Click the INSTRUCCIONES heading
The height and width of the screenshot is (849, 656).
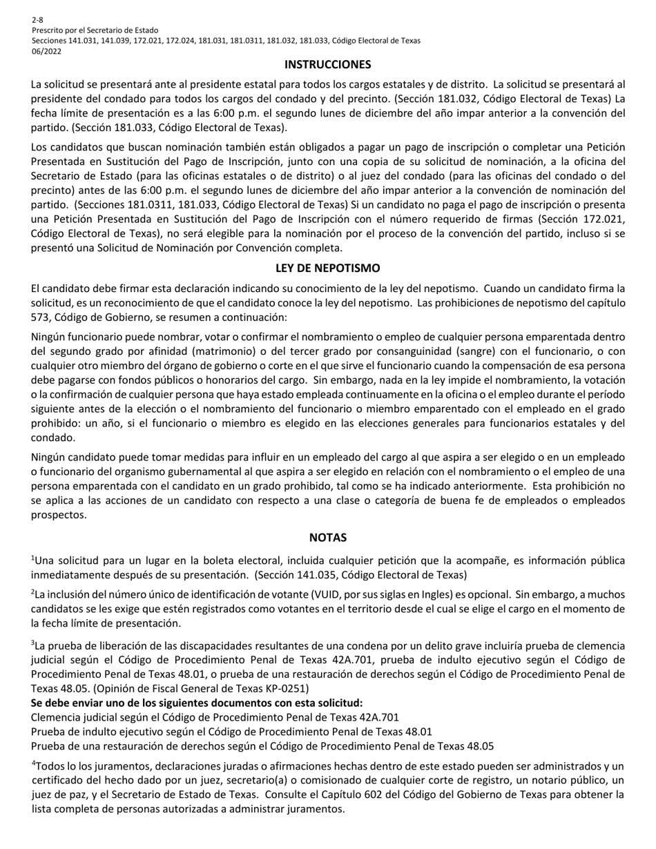click(328, 65)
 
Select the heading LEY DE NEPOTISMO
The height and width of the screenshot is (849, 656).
click(328, 268)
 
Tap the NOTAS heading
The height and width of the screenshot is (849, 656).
click(328, 538)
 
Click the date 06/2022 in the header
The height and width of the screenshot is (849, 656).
click(46, 50)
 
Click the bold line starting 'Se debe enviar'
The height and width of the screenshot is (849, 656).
click(197, 703)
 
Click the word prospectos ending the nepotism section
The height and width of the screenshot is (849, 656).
click(59, 515)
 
